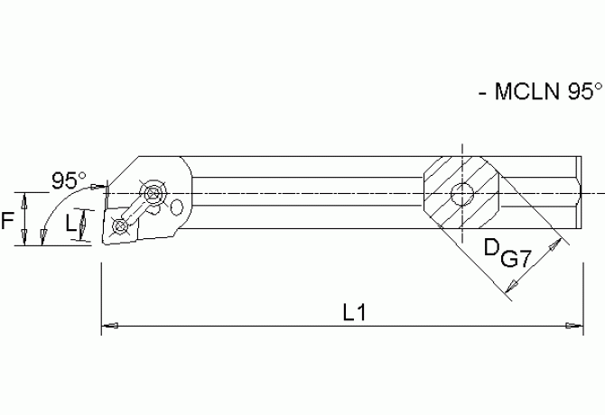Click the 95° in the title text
(x=578, y=91)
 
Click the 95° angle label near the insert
(x=68, y=180)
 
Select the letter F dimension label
(x=8, y=217)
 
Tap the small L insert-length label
(x=72, y=223)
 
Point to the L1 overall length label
(x=354, y=311)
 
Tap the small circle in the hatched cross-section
(x=463, y=192)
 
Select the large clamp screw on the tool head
(x=154, y=191)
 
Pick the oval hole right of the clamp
(x=177, y=209)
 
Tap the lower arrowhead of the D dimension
(x=512, y=288)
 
